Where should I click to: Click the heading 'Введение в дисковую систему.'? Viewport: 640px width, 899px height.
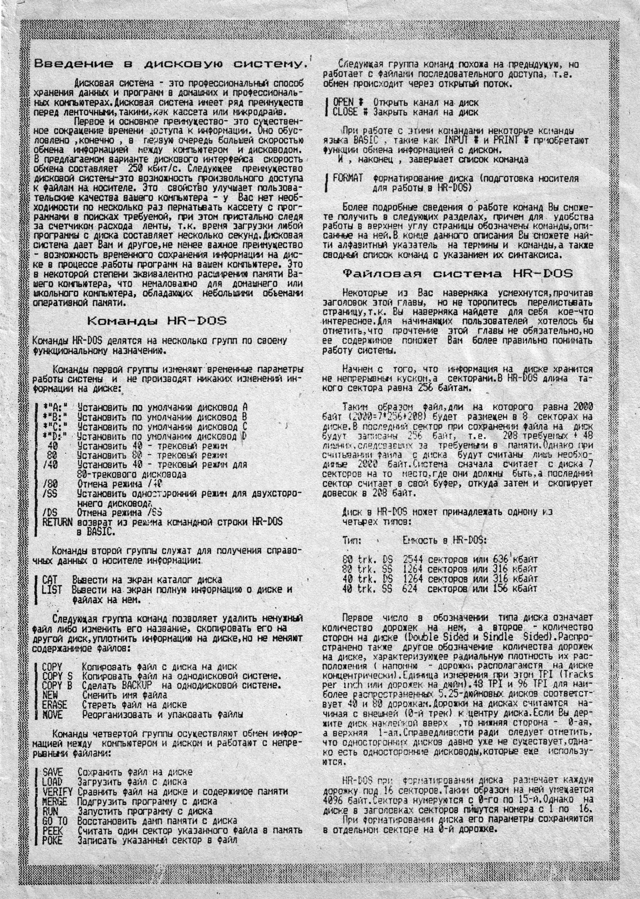(169, 64)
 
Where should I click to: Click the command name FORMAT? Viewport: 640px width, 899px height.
(348, 178)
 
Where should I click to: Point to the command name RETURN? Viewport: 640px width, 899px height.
(57, 522)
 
